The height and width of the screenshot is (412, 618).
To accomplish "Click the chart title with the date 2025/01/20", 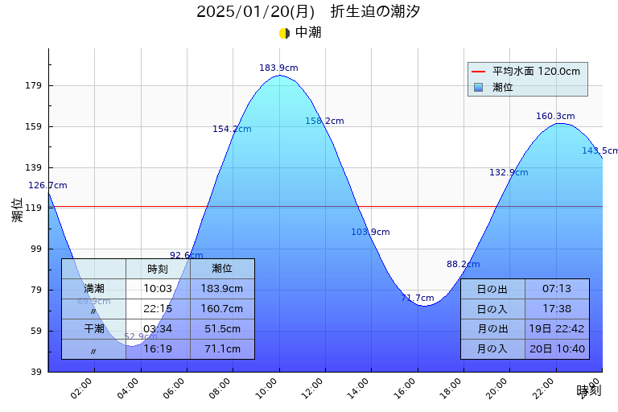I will tap(308, 11).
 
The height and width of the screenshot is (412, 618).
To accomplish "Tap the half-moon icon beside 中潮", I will tap(284, 33).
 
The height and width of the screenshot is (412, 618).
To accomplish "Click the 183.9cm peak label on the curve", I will tap(278, 68).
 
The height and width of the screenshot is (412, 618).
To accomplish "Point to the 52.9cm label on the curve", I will tap(140, 336).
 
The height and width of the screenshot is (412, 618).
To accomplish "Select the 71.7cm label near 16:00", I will tap(418, 298).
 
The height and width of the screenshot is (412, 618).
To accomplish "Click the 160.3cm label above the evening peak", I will tap(555, 117).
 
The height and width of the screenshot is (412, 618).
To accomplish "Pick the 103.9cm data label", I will tap(370, 233).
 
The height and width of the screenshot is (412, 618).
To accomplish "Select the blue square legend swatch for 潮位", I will tap(479, 87).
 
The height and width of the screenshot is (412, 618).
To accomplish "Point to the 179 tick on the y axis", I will tap(34, 86).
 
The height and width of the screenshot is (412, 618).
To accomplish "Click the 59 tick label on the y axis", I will tap(34, 331).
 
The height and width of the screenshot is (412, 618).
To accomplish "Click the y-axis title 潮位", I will tap(18, 210).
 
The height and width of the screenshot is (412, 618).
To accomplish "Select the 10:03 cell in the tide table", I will tap(158, 289).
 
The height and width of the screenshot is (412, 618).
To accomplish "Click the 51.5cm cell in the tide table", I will tap(222, 329).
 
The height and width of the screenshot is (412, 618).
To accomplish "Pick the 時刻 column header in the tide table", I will tap(158, 269).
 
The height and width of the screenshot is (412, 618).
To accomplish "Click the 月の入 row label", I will tap(492, 349).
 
